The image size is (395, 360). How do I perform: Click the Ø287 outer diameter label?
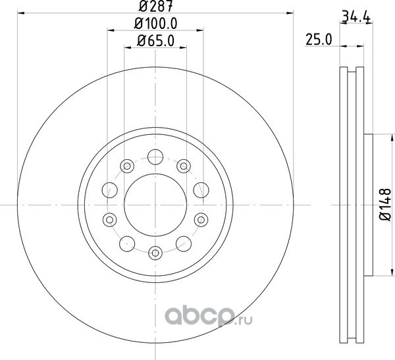(x=155, y=7)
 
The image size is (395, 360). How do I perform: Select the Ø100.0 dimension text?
(x=155, y=24)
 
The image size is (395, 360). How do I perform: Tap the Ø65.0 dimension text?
(x=155, y=41)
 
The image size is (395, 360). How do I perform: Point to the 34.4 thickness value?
(x=356, y=17)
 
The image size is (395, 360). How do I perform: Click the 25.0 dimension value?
(x=319, y=39)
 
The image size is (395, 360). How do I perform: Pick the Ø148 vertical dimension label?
(x=385, y=205)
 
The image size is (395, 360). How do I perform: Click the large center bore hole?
(x=155, y=205)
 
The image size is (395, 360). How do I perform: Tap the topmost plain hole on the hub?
(x=155, y=157)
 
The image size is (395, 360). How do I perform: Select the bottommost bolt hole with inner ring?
(x=155, y=253)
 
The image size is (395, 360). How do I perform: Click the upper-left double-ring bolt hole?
(x=127, y=166)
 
